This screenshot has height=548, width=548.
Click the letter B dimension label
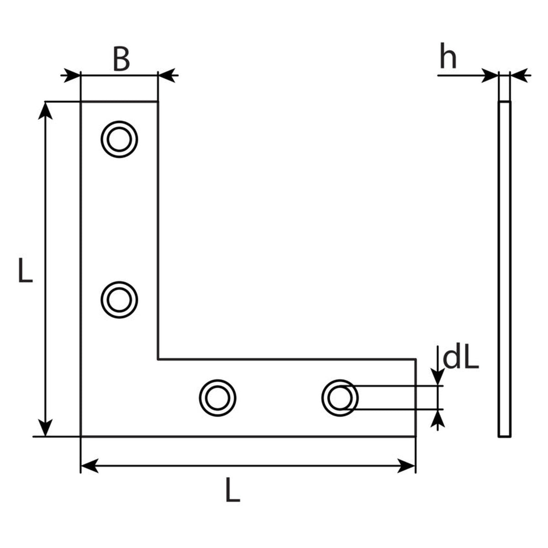[121, 59]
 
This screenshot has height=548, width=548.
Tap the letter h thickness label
[448, 56]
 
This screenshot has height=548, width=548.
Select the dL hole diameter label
[461, 359]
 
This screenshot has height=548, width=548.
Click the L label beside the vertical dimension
[25, 270]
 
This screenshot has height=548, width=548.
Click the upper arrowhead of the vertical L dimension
[45, 111]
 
